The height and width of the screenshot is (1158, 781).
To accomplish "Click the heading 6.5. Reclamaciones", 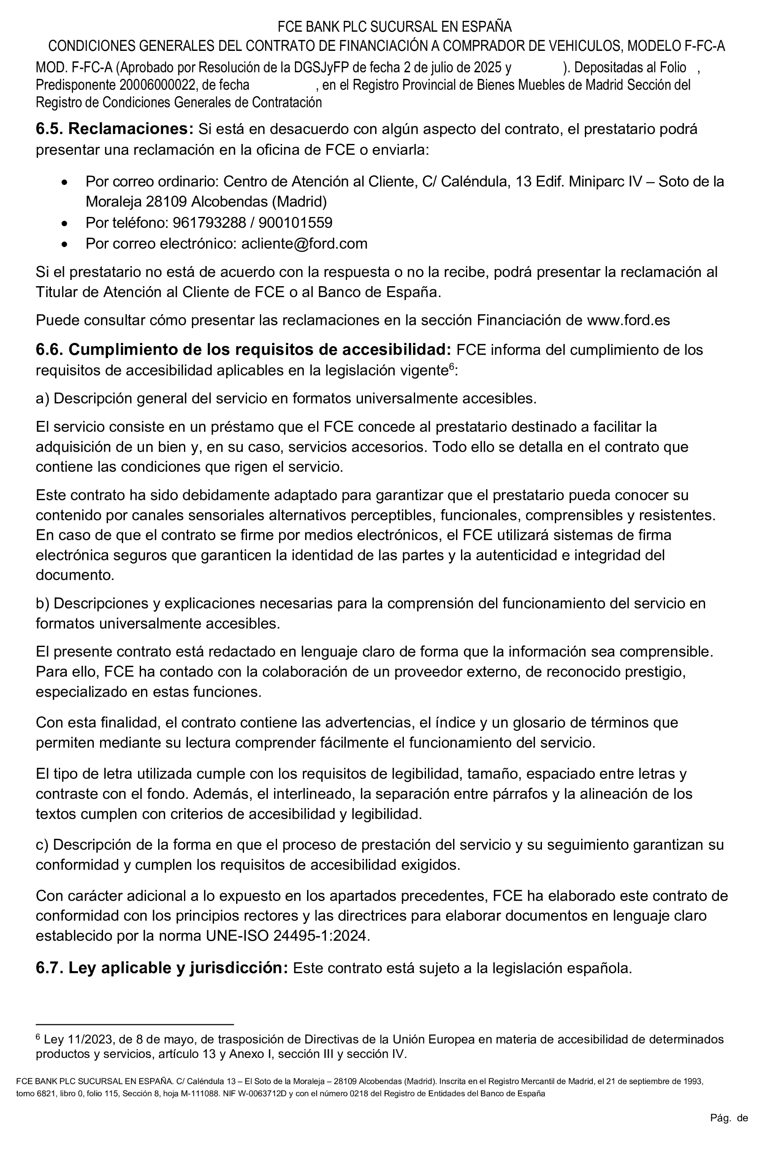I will pos(114,129).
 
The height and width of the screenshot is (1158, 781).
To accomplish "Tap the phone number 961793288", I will pos(209,223).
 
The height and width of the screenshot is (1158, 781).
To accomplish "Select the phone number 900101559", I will pos(295,223).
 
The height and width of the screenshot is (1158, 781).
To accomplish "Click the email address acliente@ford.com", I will pos(304,244).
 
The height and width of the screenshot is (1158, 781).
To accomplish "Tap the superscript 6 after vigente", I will pos(452,367).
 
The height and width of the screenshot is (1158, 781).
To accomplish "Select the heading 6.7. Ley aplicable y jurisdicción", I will pos(162,968).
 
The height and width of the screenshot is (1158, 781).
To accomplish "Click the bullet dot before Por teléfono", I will pos(64,224).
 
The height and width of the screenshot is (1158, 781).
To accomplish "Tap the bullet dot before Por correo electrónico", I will pos(64,244).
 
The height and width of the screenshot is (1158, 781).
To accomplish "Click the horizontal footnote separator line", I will pos(134,1025).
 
